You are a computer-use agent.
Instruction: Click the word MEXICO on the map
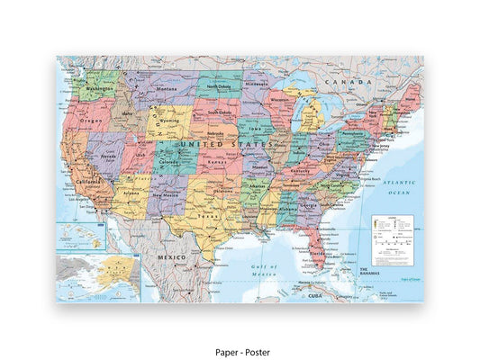pos(172,257)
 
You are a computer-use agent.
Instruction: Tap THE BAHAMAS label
pos(372,270)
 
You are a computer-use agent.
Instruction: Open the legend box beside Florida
pos(392,238)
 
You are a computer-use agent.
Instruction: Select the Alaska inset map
pos(97,276)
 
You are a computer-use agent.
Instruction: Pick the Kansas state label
pos(219,162)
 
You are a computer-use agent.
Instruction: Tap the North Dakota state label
pos(217,86)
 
